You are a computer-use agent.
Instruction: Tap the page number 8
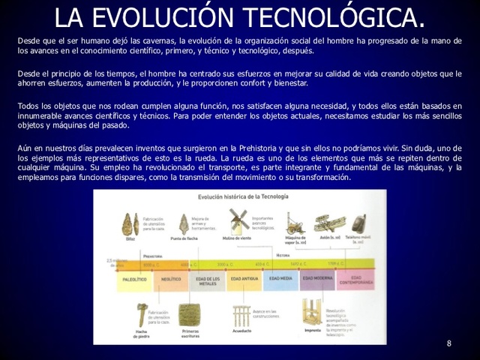(449, 343)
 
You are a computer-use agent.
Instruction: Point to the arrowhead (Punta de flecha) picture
(184, 223)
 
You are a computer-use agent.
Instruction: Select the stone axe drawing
(140, 314)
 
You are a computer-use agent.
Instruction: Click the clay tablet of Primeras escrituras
(189, 314)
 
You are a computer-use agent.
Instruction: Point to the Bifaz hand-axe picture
(130, 223)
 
